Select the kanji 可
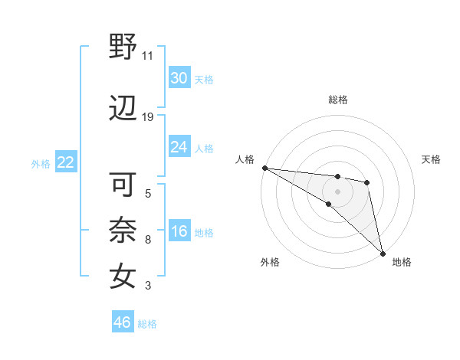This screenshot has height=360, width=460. (123, 185)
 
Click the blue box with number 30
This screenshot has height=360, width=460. (179, 78)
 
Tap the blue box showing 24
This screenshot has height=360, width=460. (179, 147)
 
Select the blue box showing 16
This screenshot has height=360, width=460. (179, 232)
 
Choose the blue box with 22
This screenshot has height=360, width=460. (65, 162)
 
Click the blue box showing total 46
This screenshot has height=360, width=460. (123, 322)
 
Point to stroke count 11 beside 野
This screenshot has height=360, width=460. (148, 55)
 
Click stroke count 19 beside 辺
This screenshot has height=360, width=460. (148, 117)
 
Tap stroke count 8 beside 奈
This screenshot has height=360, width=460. (147, 240)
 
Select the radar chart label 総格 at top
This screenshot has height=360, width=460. (338, 100)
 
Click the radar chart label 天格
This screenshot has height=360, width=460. (431, 159)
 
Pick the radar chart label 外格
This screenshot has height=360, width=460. (270, 262)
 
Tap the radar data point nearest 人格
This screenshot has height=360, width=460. (264, 168)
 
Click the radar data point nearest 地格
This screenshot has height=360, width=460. (382, 252)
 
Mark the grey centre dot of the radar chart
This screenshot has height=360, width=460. (337, 191)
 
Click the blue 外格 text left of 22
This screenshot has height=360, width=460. (41, 163)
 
